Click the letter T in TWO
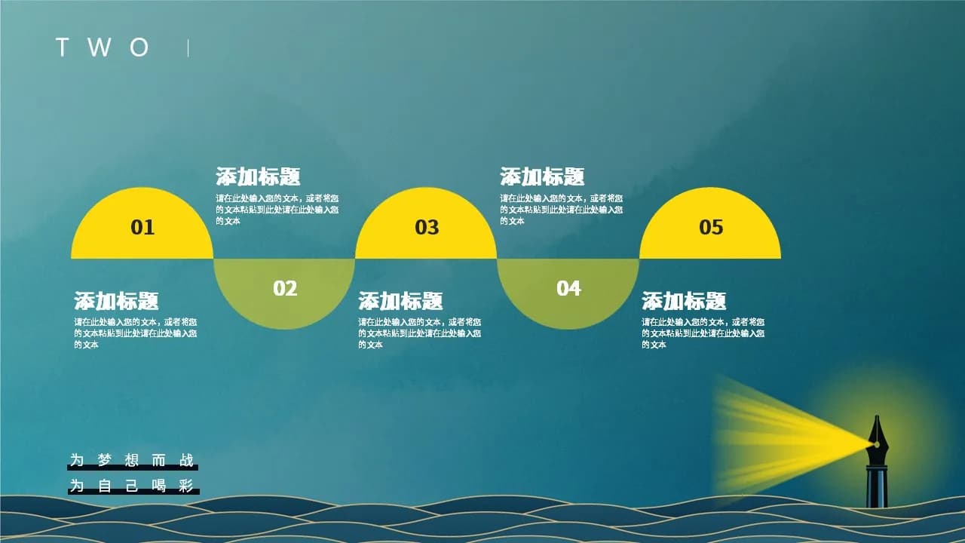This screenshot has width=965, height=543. click(63, 47)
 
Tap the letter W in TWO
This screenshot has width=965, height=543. click(100, 47)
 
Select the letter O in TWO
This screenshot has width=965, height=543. click(139, 47)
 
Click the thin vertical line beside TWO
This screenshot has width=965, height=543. click(188, 48)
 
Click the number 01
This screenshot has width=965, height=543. click(142, 227)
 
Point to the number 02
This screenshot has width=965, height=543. click(285, 288)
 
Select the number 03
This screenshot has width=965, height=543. click(427, 227)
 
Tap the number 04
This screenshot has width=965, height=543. click(568, 288)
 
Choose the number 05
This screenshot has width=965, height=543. click(711, 227)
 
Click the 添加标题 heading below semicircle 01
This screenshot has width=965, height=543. click(116, 301)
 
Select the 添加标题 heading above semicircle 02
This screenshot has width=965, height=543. click(258, 176)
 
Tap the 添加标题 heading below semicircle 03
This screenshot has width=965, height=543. click(400, 301)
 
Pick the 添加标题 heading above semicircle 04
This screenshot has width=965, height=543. click(542, 176)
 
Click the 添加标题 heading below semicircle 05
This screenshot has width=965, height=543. click(684, 301)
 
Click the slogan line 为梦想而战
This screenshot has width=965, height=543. click(132, 460)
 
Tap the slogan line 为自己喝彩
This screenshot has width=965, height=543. click(132, 486)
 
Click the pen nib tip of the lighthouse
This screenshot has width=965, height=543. click(877, 416)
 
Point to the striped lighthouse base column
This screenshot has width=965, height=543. click(877, 488)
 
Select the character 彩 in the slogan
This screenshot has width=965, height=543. click(186, 486)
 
